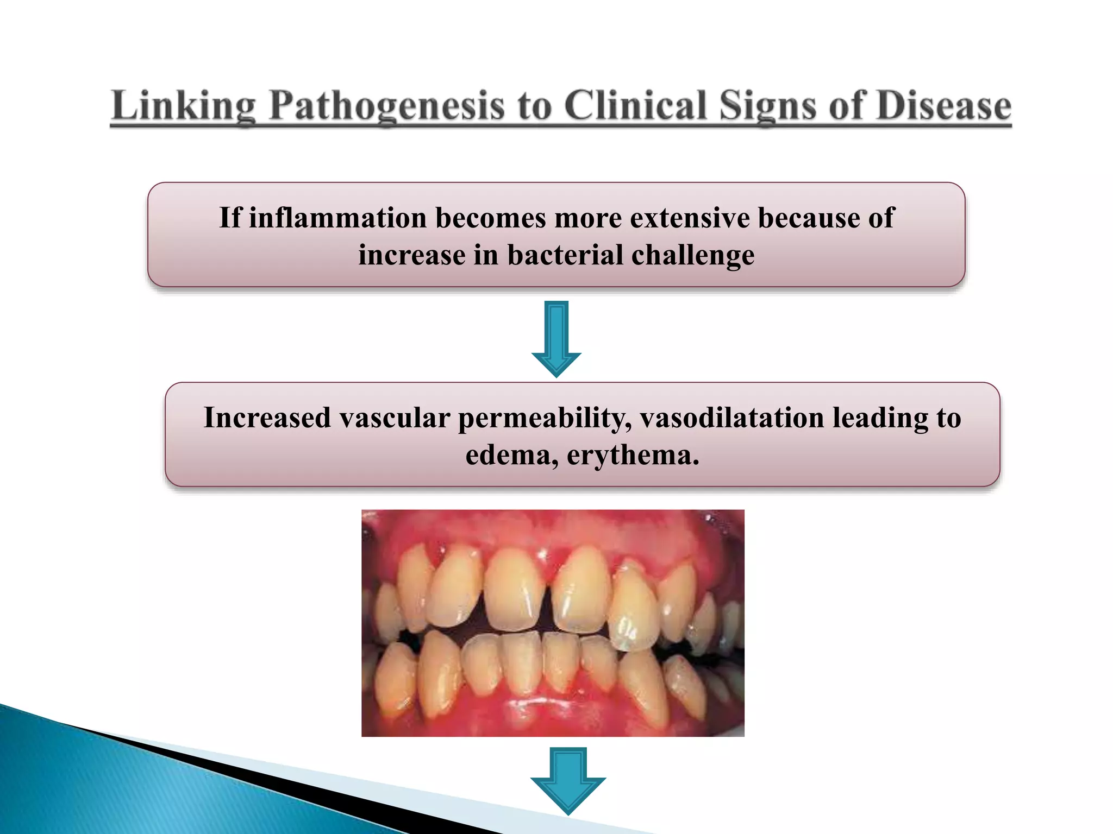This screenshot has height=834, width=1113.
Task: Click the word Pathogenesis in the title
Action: point(387,105)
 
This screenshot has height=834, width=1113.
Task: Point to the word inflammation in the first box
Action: point(337,218)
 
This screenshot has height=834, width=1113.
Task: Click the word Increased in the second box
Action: point(267,418)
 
